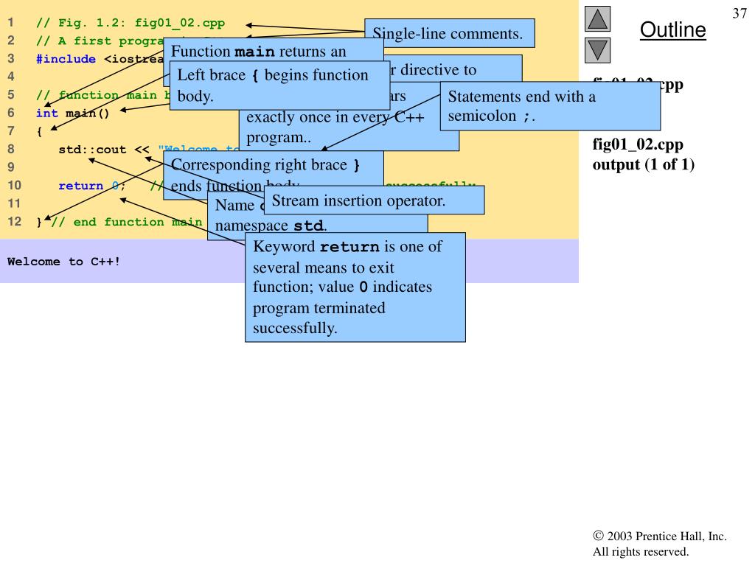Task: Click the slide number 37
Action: (740, 14)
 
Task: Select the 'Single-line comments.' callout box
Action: (449, 33)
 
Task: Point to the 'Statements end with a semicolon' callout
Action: (549, 106)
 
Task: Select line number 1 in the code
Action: (11, 22)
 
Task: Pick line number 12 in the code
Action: (13, 222)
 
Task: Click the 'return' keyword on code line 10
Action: (80, 186)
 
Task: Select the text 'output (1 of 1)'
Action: (644, 163)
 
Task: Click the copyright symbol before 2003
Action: (598, 537)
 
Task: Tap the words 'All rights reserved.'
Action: (641, 551)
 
